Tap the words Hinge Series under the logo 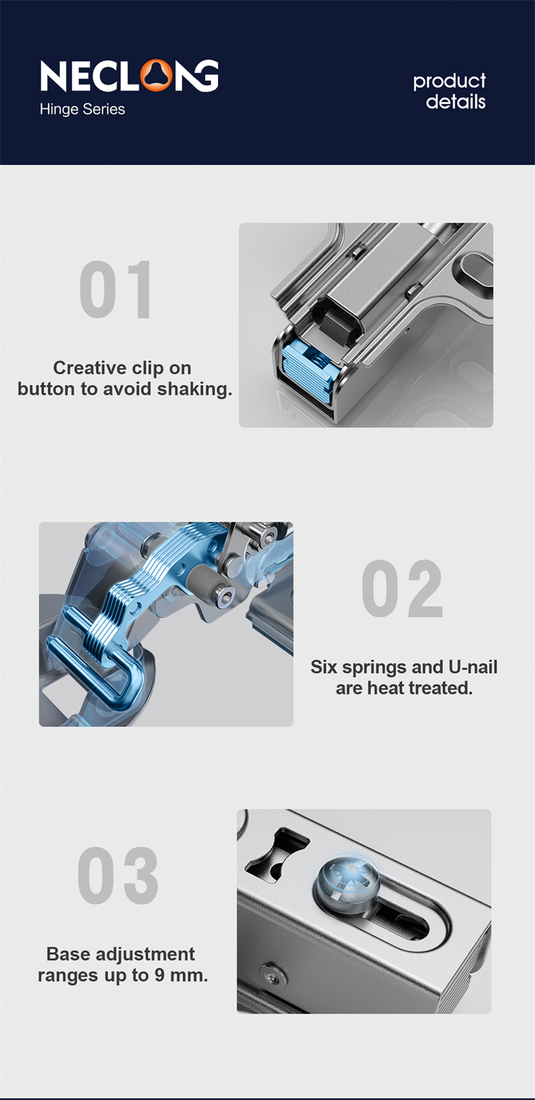[82, 109]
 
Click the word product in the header [449, 81]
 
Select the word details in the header [455, 102]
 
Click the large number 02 [402, 589]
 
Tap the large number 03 [118, 875]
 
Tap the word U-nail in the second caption [473, 667]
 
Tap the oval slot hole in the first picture [476, 278]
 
